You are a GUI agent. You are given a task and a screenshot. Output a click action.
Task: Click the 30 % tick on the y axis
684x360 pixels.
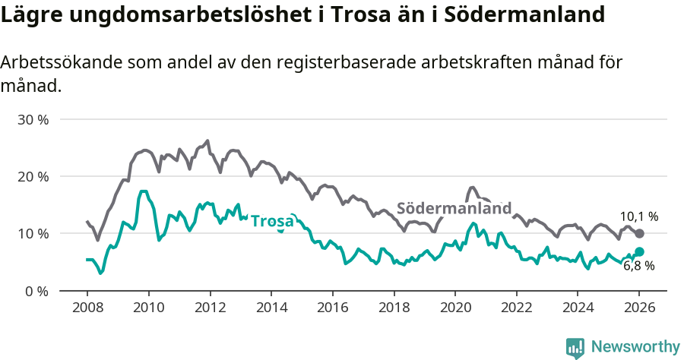click(33, 120)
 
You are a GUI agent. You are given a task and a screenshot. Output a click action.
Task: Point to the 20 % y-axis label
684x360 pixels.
click(33, 177)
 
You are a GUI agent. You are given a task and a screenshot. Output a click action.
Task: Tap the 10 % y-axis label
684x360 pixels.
click(33, 234)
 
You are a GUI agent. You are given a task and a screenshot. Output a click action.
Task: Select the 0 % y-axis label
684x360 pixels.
click(36, 291)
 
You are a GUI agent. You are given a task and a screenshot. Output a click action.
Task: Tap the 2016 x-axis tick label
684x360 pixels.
click(332, 309)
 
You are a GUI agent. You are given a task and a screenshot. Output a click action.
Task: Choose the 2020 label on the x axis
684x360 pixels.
click(454, 309)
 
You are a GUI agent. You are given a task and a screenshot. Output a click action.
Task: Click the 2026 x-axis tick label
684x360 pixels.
click(639, 309)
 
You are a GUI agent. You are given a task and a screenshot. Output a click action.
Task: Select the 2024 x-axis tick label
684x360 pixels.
click(578, 309)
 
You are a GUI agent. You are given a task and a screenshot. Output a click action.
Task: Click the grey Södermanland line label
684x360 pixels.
click(454, 208)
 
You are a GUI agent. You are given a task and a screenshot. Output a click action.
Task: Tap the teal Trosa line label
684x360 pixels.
click(272, 221)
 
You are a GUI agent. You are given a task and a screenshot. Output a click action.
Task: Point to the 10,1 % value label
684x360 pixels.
click(639, 216)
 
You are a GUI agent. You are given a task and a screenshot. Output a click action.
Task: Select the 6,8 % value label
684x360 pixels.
click(639, 266)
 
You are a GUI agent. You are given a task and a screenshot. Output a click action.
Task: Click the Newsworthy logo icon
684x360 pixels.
click(575, 347)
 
